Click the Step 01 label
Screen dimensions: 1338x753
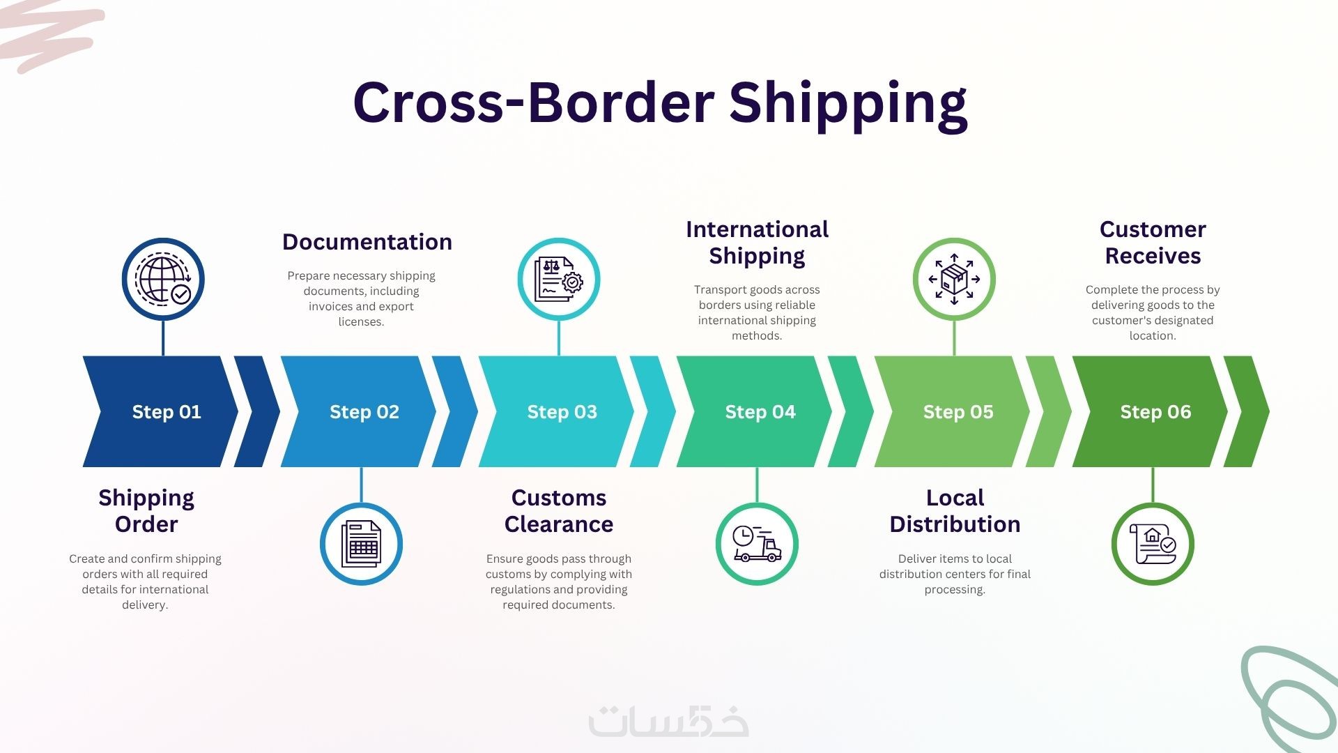167,412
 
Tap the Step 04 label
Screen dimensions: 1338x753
760,412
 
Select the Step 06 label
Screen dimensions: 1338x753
1155,412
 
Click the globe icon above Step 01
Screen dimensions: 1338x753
163,279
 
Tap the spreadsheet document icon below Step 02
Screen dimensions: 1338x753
361,544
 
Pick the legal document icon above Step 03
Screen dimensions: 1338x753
558,279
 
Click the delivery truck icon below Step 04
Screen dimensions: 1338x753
757,544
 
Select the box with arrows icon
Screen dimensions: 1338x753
954,279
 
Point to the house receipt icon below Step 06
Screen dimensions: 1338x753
1153,544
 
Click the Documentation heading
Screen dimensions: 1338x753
367,242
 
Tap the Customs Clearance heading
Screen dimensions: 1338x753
559,511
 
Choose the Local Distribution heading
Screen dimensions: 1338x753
955,511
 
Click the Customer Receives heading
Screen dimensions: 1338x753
1153,243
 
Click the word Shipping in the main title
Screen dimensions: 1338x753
848,103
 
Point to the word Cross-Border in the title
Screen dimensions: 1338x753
534,102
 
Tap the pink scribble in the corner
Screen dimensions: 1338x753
49,35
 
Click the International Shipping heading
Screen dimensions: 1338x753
757,243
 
